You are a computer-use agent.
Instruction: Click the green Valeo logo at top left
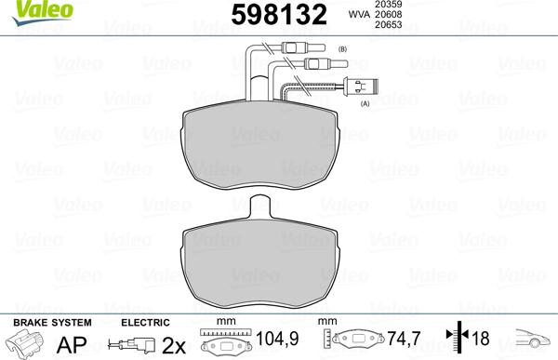click(28, 9)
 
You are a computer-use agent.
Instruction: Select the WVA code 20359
click(401, 5)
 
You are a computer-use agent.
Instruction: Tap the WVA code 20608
click(401, 16)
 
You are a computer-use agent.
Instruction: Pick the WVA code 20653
click(401, 27)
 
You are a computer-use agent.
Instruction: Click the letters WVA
click(361, 16)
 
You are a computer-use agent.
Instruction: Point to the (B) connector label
click(342, 47)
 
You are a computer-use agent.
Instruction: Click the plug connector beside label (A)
click(357, 91)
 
